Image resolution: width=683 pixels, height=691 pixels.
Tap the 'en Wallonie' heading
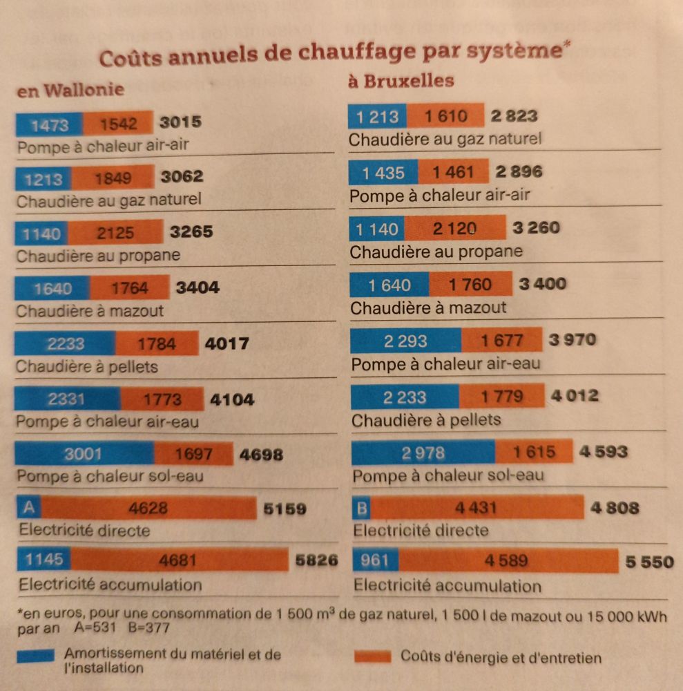70,90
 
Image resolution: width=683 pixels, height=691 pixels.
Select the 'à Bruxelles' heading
401,82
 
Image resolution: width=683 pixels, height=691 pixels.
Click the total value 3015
180,123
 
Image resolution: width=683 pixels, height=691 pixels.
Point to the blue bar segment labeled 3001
84,454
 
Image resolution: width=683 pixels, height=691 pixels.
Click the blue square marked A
28,509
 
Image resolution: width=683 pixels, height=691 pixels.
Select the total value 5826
316,560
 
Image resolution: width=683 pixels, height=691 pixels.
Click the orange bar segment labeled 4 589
507,560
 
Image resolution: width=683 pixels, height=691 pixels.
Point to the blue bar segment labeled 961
375,560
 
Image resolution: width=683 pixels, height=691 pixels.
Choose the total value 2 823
514,116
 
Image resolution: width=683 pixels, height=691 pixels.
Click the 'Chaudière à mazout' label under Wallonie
90,311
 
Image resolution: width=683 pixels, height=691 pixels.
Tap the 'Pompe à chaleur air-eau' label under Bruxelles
446,364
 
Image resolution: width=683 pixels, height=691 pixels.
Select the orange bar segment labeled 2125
115,233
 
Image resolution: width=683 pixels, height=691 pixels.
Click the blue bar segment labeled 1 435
383,172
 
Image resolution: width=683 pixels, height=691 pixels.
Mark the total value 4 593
603,452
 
